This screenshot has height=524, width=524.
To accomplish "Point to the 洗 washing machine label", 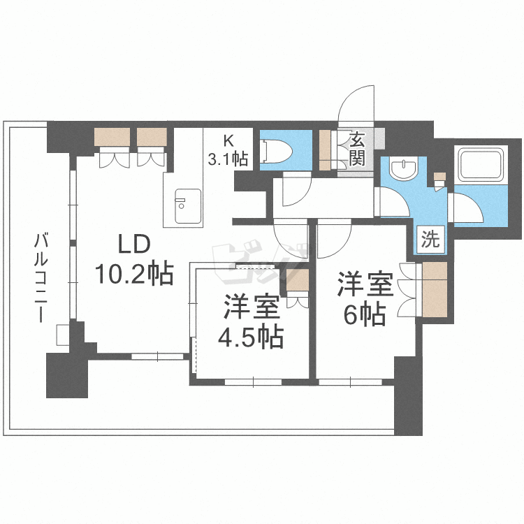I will (x=430, y=240).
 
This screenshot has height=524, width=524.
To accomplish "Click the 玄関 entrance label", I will (x=357, y=149).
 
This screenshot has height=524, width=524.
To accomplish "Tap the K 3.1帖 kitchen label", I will (x=228, y=150).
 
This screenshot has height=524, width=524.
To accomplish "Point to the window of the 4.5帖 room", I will (x=253, y=382).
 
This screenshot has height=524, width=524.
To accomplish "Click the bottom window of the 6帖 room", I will (x=345, y=382).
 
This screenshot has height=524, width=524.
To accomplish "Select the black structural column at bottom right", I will (x=408, y=395).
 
